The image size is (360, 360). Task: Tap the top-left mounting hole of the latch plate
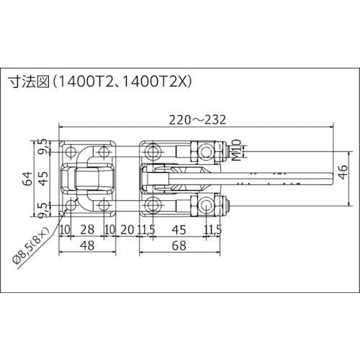[70, 152]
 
